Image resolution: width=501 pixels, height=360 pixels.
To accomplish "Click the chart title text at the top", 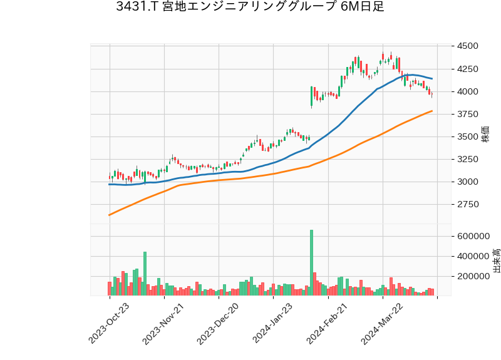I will [250, 8].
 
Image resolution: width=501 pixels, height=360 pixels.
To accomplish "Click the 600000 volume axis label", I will [473, 236].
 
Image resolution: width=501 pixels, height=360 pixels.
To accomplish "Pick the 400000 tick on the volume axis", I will [473, 256].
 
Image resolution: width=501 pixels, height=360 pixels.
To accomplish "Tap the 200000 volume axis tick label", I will [473, 276].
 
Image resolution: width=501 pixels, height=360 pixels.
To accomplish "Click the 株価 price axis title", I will [485, 134].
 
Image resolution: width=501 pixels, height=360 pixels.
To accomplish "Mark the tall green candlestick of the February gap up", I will [311, 96].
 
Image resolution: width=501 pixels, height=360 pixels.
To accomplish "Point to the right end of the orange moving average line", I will [432, 111].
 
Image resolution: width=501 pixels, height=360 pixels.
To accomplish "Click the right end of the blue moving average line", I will [432, 78].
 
